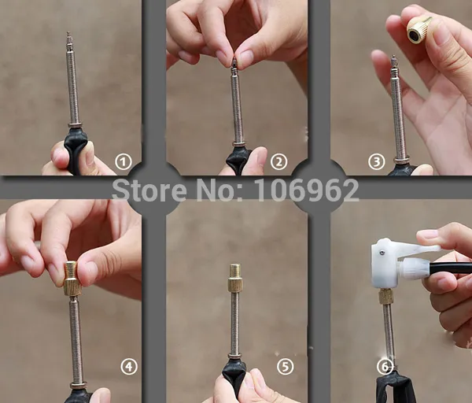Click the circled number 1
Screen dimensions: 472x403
[x=124, y=162]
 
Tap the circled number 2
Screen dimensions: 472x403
[x=278, y=162]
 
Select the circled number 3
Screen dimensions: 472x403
[x=377, y=162]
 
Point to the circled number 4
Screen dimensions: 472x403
[x=129, y=367]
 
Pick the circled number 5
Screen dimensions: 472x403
[x=285, y=367]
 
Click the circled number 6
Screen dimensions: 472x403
[x=385, y=367]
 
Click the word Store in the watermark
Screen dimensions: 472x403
[x=149, y=190]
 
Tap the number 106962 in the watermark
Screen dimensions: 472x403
[x=307, y=190]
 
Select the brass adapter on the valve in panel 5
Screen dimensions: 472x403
[x=235, y=277]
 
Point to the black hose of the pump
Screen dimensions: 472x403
[x=451, y=268]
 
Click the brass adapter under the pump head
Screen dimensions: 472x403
[x=385, y=296]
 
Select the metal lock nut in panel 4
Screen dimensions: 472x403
[x=79, y=385]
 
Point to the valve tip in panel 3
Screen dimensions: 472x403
[x=393, y=62]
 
